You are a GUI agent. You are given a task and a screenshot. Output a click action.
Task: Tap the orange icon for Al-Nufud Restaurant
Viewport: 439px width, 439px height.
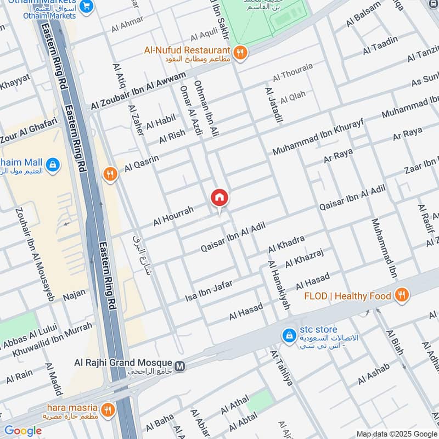coord(240,53)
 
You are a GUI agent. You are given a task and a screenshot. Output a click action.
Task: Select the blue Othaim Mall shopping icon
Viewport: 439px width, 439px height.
coord(53,164)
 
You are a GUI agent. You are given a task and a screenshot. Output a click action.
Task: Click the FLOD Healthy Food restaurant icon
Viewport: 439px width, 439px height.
coord(402,296)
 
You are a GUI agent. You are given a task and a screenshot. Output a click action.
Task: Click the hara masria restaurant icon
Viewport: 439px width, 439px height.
coord(108,409)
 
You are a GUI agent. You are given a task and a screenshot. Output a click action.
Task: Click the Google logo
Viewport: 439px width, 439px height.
coord(23,431)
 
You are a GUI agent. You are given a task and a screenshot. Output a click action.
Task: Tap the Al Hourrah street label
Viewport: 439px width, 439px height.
coord(173,216)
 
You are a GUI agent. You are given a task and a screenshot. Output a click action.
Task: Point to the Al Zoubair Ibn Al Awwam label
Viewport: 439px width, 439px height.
coord(139,89)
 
